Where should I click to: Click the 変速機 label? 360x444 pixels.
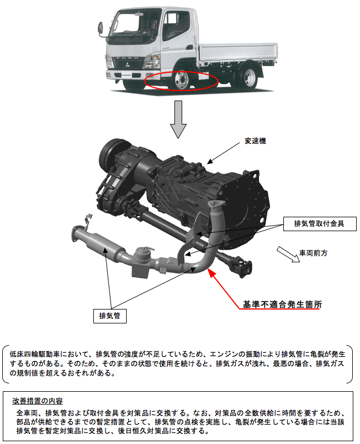click(256, 141)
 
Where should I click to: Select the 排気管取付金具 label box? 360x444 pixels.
click(320, 224)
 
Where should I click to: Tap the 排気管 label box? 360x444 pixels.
click(110, 316)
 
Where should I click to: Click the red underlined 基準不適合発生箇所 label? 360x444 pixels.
click(282, 305)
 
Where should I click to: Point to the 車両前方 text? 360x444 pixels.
click(313, 253)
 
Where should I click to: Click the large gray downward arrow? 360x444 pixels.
click(178, 119)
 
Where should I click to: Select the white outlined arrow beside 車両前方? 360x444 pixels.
click(288, 254)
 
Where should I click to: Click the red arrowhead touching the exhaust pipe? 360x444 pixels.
click(212, 272)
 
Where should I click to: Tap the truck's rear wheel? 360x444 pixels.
click(247, 76)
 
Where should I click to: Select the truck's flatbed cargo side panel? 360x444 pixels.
click(238, 53)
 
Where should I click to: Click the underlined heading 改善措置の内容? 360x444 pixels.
click(37, 401)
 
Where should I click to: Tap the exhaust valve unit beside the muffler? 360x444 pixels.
click(141, 262)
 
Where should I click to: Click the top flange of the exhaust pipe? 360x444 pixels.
click(216, 204)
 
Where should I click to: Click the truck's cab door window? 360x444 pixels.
click(176, 26)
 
